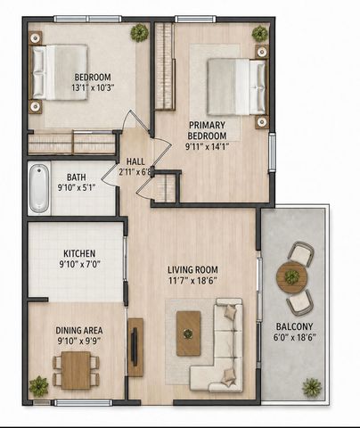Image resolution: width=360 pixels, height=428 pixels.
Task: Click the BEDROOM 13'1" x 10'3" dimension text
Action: point(93,88)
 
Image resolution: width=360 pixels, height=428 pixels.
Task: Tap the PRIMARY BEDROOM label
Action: point(207,130)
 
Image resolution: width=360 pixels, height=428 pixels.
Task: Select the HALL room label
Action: point(135,161)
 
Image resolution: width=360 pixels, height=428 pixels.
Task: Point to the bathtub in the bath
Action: point(39,188)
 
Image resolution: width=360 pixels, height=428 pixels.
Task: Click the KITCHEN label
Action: point(79,253)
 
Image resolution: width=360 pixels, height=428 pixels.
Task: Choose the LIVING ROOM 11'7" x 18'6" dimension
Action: point(192,281)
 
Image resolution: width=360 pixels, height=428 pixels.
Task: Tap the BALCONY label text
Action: point(294,326)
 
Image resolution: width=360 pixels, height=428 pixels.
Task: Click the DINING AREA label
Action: point(79,330)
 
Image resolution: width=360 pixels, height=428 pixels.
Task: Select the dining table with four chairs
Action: point(76,370)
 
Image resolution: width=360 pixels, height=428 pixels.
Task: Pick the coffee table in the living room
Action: point(188,333)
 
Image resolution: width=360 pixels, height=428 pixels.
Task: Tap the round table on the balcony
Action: point(291,277)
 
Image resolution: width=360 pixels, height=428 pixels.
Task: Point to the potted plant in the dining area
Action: point(38,386)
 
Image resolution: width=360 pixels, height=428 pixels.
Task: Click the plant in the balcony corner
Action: point(312,388)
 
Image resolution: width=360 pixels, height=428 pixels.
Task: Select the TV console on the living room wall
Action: point(135,347)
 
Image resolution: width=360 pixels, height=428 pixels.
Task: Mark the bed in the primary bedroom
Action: point(236,86)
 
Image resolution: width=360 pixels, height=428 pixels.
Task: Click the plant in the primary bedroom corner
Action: point(260,34)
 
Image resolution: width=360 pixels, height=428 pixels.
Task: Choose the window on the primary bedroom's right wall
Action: point(272,152)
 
